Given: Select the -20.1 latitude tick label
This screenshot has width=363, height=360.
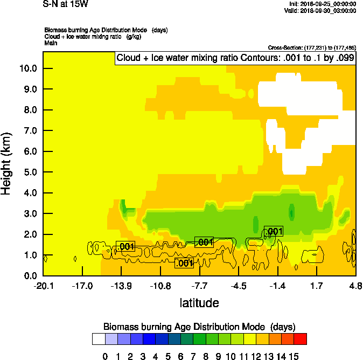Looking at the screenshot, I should pos(44,286).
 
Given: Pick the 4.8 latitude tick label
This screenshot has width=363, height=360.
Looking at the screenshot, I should pos(355,286).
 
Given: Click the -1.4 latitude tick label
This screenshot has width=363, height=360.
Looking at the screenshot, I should pos(278,286).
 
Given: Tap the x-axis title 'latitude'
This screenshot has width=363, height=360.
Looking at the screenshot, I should pos(199,303).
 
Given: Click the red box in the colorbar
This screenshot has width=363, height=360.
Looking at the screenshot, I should pos(300,338).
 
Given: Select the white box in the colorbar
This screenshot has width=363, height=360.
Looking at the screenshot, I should pos(99,338).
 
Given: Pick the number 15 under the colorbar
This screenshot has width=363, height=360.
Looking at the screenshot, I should pos(294,355).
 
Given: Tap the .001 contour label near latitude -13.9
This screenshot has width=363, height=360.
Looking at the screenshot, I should pos(125,247).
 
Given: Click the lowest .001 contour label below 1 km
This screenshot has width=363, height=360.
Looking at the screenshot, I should pos(184,263).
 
